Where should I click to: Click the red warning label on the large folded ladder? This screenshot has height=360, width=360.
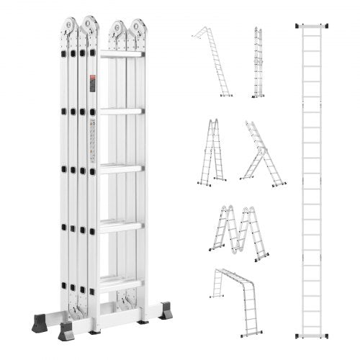coord(92,85)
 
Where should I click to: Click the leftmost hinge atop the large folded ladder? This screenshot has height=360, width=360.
coord(68,27)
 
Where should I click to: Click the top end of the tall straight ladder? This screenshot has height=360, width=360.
coord(314,27)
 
